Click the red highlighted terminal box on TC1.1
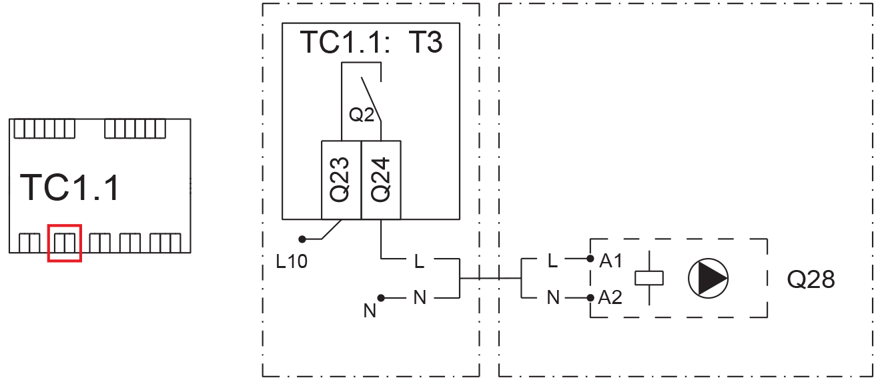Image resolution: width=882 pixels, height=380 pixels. [65, 225]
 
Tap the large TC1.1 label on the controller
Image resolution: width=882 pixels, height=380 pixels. [69, 187]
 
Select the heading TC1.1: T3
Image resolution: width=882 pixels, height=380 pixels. [372, 42]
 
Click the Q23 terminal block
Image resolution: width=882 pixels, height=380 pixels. [342, 180]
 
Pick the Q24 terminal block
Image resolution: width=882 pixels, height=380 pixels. [381, 180]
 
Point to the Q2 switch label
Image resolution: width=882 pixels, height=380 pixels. [362, 115]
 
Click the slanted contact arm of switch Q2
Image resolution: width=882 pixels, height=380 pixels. [372, 99]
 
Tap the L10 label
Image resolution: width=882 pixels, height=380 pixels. [292, 261]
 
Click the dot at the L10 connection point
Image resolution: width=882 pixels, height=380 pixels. [302, 239]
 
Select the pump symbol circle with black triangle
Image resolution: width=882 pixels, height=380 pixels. [708, 279]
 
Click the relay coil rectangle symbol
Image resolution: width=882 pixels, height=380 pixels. [649, 278]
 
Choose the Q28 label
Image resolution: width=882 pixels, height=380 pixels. [811, 279]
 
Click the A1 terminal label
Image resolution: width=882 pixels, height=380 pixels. [610, 261]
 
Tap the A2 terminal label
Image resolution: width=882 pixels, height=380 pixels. [610, 297]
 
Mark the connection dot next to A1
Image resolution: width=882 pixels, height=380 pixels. [590, 259]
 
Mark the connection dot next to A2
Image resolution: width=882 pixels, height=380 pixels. [590, 298]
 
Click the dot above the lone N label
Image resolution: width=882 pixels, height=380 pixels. [381, 298]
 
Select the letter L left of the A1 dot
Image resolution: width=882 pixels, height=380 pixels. [552, 261]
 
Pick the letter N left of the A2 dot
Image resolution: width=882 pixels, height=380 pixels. [553, 297]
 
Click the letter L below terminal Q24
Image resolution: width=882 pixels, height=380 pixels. [420, 261]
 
